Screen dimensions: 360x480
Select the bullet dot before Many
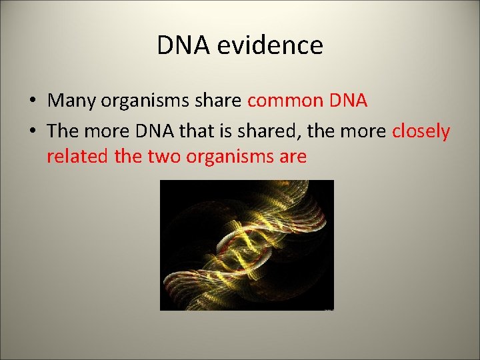pyautogui.click(x=33, y=101)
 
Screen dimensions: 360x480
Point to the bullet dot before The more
pyautogui.click(x=33, y=132)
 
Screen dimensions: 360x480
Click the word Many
pyautogui.click(x=73, y=101)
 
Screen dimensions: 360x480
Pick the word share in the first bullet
pyautogui.click(x=221, y=101)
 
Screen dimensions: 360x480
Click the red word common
pyautogui.click(x=285, y=101)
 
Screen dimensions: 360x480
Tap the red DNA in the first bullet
pyautogui.click(x=349, y=101)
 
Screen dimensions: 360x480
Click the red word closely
pyautogui.click(x=421, y=131)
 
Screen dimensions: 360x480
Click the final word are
pyautogui.click(x=293, y=157)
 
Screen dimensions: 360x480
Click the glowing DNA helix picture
pyautogui.click(x=247, y=245)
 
